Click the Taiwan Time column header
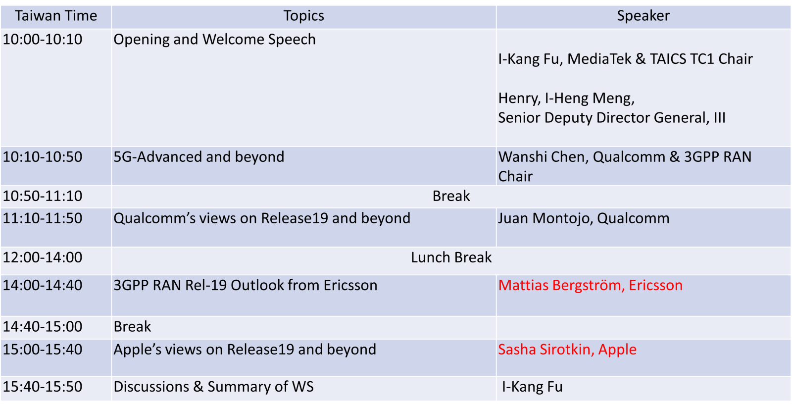(56, 16)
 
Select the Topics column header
(304, 16)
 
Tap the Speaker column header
(643, 16)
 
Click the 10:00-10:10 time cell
(43, 39)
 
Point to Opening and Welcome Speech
(214, 40)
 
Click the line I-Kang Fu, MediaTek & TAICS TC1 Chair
(625, 59)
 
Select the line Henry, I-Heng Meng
(566, 99)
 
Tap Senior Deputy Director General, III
(612, 118)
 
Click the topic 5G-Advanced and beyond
(198, 157)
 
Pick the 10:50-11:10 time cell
(43, 196)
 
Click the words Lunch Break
(451, 257)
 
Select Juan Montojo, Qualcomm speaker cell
(584, 218)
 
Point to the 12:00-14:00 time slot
(43, 257)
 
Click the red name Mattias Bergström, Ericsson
(591, 285)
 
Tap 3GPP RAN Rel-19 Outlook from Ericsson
(246, 285)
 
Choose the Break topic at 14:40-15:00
(132, 327)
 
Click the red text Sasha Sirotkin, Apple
(567, 350)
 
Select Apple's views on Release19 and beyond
(245, 350)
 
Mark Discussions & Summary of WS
(213, 387)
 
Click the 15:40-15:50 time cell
(43, 387)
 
